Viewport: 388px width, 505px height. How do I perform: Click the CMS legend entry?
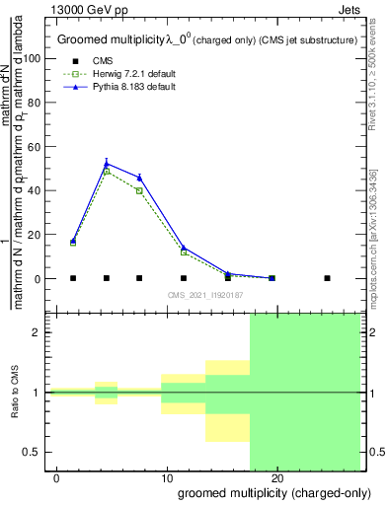[x=103, y=61]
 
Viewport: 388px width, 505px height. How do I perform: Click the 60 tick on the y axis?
[x=37, y=146]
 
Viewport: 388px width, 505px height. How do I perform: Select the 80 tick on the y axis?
[x=37, y=103]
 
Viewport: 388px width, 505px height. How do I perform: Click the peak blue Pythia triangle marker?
[x=107, y=164]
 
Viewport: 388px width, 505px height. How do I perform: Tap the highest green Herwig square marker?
[x=107, y=172]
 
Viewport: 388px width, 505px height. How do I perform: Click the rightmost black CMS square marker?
[x=327, y=278]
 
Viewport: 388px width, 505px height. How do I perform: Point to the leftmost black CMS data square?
[x=73, y=278]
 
